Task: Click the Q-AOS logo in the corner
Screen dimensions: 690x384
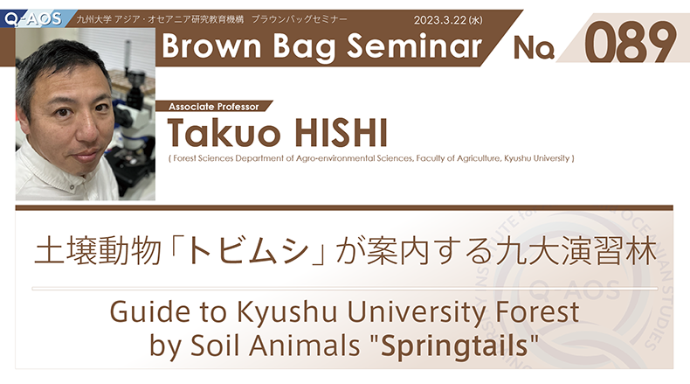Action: pos(32,18)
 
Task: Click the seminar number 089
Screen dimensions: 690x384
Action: pos(630,42)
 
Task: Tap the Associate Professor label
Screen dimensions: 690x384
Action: pos(214,107)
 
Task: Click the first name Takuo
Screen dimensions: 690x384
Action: pos(224,133)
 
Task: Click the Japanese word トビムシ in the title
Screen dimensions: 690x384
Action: pos(248,251)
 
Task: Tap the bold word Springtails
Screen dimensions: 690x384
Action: pos(454,346)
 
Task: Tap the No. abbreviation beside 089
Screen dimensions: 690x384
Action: pos(534,47)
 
